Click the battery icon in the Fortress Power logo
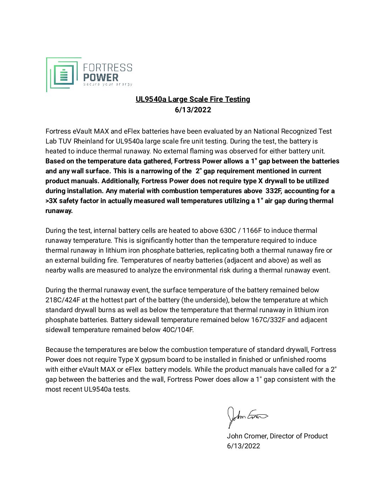pyautogui.click(x=64, y=74)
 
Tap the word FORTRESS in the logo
pyautogui.click(x=107, y=67)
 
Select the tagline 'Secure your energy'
pyautogui.click(x=107, y=84)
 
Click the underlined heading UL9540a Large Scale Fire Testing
pyautogui.click(x=193, y=99)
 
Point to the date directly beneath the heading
pyautogui.click(x=193, y=110)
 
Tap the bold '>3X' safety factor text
pyautogui.click(x=51, y=201)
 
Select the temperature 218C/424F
pyautogui.click(x=63, y=300)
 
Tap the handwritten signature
pyautogui.click(x=247, y=416)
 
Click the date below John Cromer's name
pyautogui.click(x=243, y=446)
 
